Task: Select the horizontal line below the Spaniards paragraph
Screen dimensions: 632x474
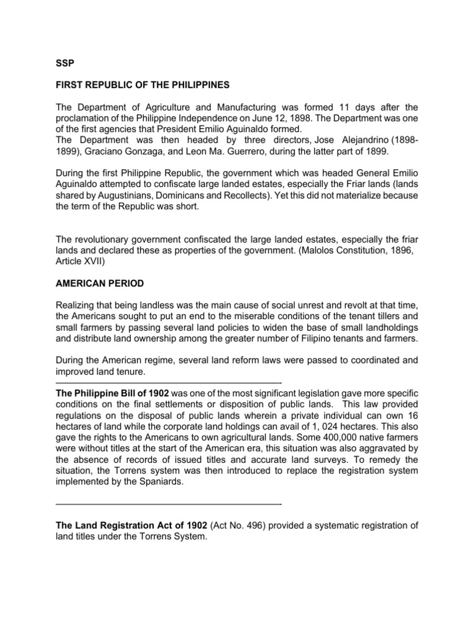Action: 168,504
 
